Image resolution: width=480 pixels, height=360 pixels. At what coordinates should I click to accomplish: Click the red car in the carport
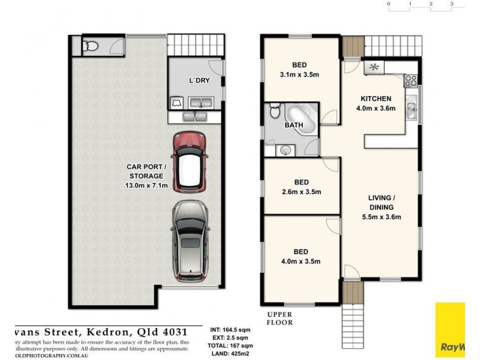(x=189, y=161)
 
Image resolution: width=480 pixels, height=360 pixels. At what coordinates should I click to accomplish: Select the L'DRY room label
(x=199, y=81)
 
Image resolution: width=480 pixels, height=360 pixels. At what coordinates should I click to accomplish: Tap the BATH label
(x=293, y=125)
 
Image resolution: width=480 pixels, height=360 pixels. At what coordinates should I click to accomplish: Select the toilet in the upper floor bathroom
(x=274, y=111)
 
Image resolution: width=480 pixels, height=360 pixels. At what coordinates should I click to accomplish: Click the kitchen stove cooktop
(x=411, y=80)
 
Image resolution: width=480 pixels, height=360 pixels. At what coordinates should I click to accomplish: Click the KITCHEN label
(x=376, y=98)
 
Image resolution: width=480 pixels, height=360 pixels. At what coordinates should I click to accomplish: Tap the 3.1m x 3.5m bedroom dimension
(x=301, y=76)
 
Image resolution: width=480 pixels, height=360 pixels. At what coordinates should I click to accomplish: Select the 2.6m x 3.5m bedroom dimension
(x=301, y=192)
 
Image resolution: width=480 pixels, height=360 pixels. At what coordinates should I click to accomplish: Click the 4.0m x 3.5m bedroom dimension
(x=301, y=261)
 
